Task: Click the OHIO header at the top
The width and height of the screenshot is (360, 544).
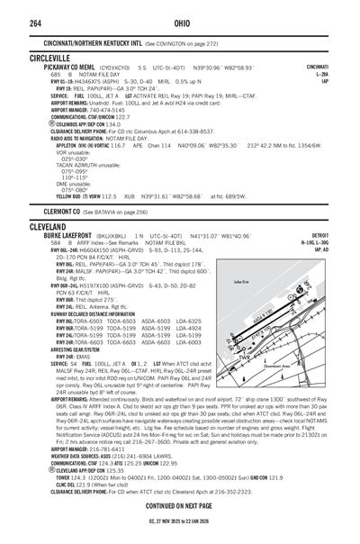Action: (180, 13)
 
